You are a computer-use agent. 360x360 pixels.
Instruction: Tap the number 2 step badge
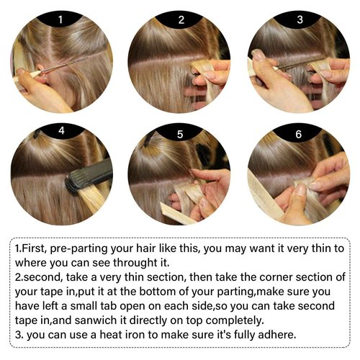tap(181, 19)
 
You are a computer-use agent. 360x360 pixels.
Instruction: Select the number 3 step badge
tap(300, 19)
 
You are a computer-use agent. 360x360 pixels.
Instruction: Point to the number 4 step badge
tap(61, 131)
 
